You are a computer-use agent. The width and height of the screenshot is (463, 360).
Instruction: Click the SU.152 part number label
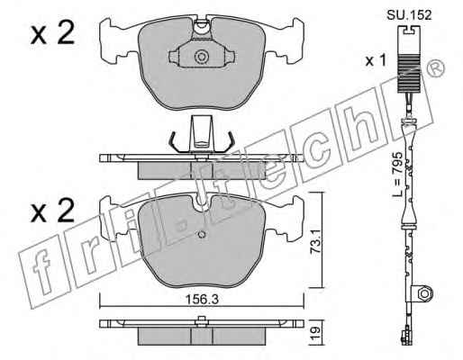pos(409,14)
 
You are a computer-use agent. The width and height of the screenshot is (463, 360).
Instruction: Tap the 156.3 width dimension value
pos(201,299)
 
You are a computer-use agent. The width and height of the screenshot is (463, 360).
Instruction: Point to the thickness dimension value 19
pos(314,333)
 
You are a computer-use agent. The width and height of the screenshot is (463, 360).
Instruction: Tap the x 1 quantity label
pos(376,61)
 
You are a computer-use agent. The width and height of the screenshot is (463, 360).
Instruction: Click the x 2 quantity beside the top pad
pos(52,33)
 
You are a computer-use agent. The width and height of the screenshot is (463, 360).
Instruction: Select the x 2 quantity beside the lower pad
pos(52,211)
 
